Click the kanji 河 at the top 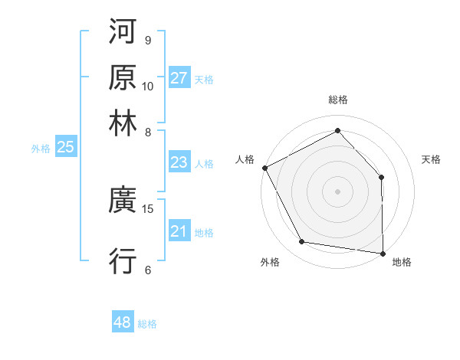(123, 34)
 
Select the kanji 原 (123, 78)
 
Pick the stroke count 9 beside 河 (147, 40)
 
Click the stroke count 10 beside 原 (148, 86)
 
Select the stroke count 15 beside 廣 (148, 208)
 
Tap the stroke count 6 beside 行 (147, 269)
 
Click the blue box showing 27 (179, 78)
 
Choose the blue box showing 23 (179, 163)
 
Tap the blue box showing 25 (65, 148)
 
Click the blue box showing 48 (122, 322)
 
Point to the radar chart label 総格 (337, 100)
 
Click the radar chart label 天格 (431, 159)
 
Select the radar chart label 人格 (245, 159)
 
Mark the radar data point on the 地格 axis (383, 252)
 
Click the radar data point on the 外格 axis (302, 242)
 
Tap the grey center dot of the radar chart (337, 191)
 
